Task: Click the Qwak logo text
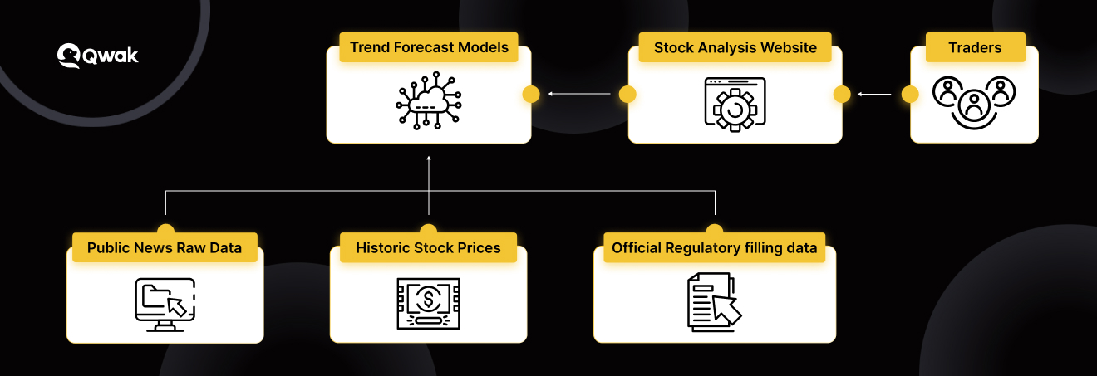tap(111, 56)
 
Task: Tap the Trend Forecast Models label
tap(429, 47)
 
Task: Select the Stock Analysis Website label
tap(735, 47)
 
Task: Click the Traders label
tap(975, 47)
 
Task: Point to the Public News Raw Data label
tap(165, 248)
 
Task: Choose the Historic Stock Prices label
tap(428, 248)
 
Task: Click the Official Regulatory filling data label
tap(714, 248)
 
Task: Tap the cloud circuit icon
tap(429, 100)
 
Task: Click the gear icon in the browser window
tap(735, 110)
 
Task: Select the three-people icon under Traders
tap(974, 103)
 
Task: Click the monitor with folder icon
tap(165, 305)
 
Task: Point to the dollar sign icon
tap(429, 299)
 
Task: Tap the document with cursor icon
tap(714, 302)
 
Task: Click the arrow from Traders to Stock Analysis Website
tap(874, 94)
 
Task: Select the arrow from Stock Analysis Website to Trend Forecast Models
tap(579, 94)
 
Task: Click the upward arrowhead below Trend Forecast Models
tap(429, 158)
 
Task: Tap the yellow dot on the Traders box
tap(910, 95)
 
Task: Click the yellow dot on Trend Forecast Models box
tap(531, 95)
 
